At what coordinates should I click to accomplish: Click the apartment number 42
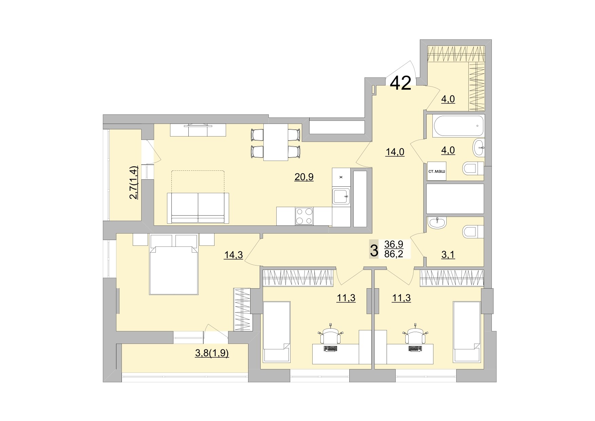pyautogui.click(x=401, y=83)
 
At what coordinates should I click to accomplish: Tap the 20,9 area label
pyautogui.click(x=304, y=177)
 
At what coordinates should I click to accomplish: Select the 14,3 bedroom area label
pyautogui.click(x=233, y=255)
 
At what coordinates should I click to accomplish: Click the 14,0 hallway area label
pyautogui.click(x=395, y=152)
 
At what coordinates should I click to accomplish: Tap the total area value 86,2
pyautogui.click(x=394, y=254)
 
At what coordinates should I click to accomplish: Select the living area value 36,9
pyautogui.click(x=394, y=244)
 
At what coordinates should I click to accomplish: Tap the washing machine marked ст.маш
pyautogui.click(x=436, y=171)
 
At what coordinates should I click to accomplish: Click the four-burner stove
pyautogui.click(x=304, y=216)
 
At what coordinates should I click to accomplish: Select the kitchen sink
pyautogui.click(x=341, y=196)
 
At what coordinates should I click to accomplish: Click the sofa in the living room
pyautogui.click(x=198, y=208)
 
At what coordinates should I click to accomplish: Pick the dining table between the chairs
pyautogui.click(x=275, y=142)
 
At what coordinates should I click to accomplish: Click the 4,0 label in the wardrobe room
pyautogui.click(x=448, y=99)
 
